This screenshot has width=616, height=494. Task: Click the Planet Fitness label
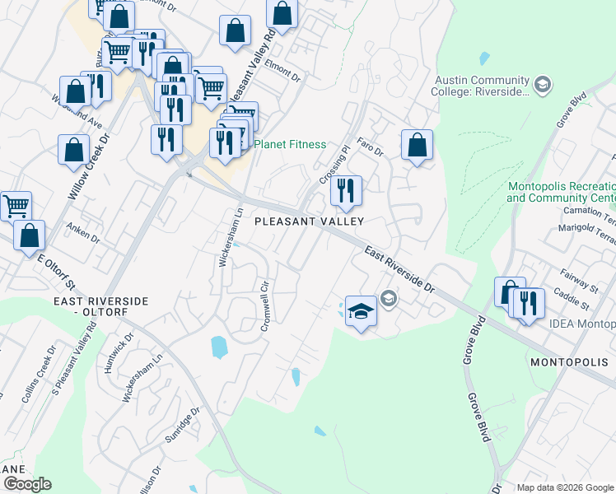click(290, 144)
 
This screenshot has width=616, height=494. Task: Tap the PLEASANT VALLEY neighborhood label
click(309, 221)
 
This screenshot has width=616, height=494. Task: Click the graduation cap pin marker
click(360, 312)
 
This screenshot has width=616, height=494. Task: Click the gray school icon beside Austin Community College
click(543, 84)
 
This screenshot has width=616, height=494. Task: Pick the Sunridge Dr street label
click(182, 423)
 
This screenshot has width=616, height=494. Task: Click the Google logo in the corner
click(27, 483)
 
